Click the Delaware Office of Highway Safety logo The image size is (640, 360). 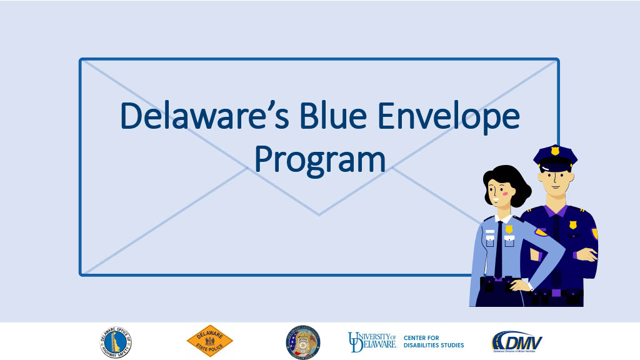coord(116,341)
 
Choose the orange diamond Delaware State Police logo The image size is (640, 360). coord(209,341)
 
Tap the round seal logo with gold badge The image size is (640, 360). coord(303,341)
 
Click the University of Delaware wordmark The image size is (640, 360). coord(372,341)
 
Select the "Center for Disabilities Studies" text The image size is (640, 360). coord(433,342)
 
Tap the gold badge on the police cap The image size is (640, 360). coord(555,151)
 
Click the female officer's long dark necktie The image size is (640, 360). coord(499,250)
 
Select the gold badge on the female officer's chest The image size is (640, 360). coord(509,229)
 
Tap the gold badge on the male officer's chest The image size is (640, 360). coord(572,224)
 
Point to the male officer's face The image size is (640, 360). coord(555,178)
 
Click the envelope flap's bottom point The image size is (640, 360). coord(319,214)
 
